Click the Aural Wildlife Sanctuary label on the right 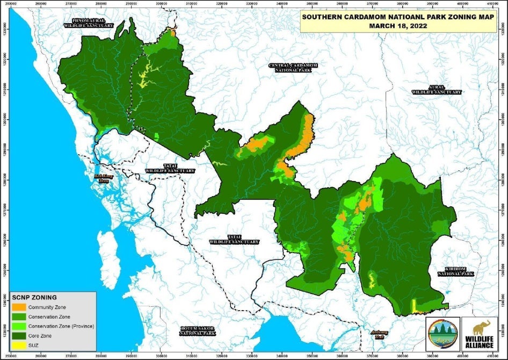[x=437, y=89]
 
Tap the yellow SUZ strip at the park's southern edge [x=413, y=306]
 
